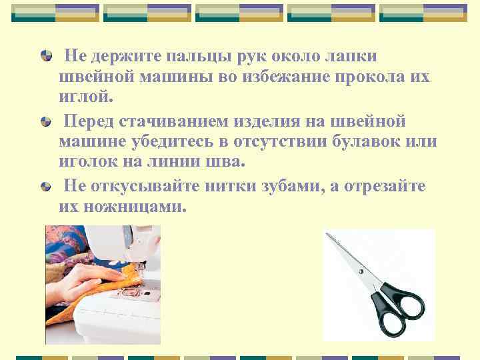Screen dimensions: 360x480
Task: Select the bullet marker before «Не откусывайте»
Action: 45,186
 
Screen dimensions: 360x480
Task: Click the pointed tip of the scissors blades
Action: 326,234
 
